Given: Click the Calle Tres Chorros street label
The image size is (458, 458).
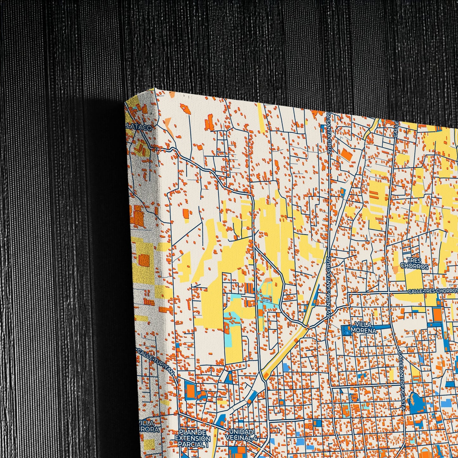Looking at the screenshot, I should pyautogui.click(x=432, y=291).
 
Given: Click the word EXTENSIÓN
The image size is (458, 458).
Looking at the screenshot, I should pyautogui.click(x=193, y=439).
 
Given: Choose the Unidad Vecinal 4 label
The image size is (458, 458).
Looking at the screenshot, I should pyautogui.click(x=241, y=435).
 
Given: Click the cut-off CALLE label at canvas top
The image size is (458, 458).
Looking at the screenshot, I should pyautogui.click(x=396, y=129).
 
